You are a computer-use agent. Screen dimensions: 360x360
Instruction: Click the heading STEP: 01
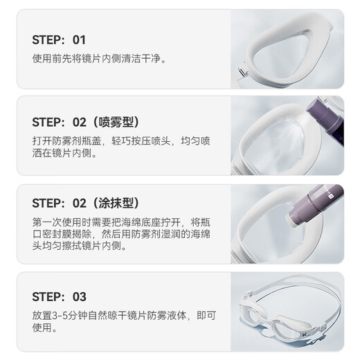59,39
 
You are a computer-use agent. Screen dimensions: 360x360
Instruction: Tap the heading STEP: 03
59,296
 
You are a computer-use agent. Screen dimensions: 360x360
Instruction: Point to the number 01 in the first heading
79,39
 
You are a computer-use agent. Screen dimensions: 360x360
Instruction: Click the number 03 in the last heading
79,296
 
